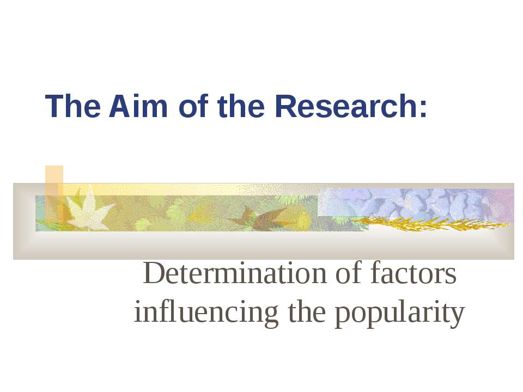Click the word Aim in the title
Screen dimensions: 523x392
pos(138,106)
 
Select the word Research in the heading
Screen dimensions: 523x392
pos(346,106)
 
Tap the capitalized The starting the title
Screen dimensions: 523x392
pos(72,106)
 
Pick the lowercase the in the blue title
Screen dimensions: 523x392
pos(241,106)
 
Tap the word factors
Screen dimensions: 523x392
pos(413,273)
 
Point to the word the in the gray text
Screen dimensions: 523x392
pos(307,311)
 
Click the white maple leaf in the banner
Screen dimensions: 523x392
pos(88,211)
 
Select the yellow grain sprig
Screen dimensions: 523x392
pos(430,223)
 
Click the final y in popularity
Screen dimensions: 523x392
pos(459,316)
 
